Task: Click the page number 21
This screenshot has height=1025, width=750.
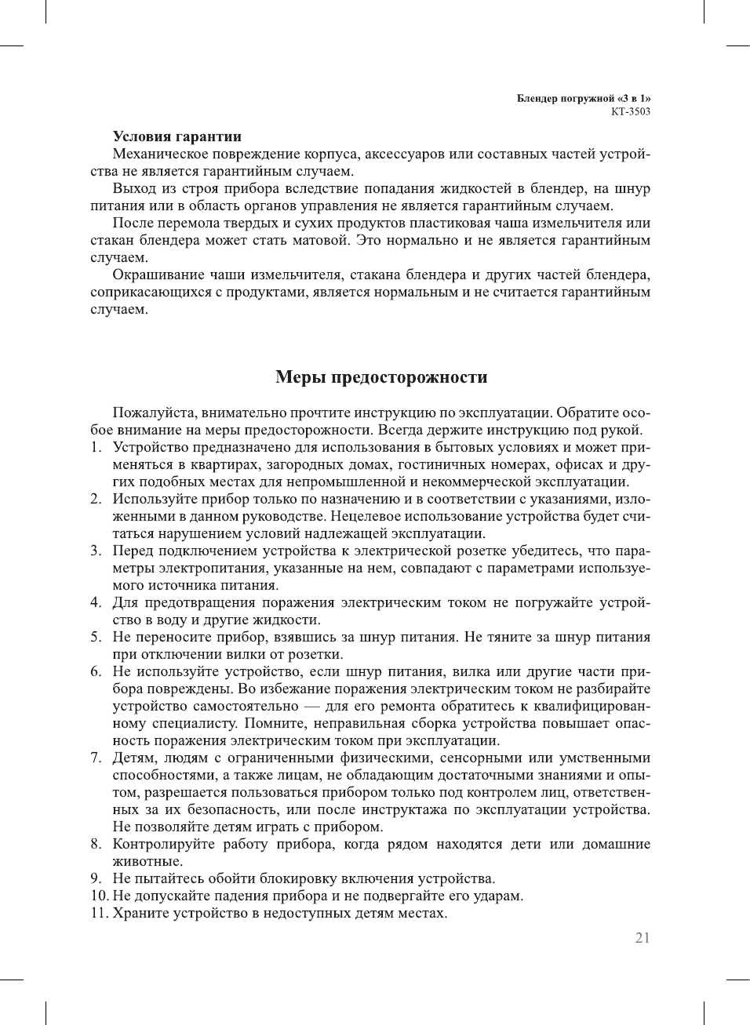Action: coord(642,938)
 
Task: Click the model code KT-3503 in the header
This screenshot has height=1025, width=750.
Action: coord(630,111)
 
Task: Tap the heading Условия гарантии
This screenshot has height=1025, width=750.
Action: coord(177,136)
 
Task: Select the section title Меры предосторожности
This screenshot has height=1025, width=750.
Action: coord(381,377)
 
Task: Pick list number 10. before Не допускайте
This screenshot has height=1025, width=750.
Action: coord(99,896)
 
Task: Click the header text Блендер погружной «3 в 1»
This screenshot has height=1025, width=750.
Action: coord(583,99)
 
